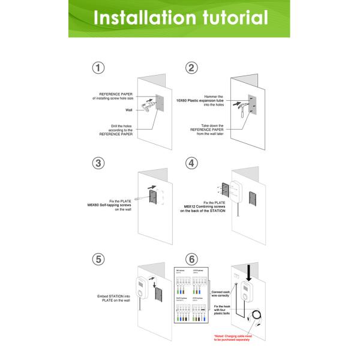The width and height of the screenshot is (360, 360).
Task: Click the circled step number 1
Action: point(98,67)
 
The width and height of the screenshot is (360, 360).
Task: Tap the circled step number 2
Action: point(191,67)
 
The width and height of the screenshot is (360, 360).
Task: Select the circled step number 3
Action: point(98,163)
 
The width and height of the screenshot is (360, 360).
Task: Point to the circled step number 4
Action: point(191,163)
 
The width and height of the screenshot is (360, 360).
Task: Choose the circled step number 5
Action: point(98,259)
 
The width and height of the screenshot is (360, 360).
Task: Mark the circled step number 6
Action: point(191,259)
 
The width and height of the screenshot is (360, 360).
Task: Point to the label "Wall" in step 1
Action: point(128,110)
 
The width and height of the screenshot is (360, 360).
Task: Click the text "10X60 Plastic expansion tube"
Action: point(203,101)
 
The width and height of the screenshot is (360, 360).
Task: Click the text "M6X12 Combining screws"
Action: point(204,207)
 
